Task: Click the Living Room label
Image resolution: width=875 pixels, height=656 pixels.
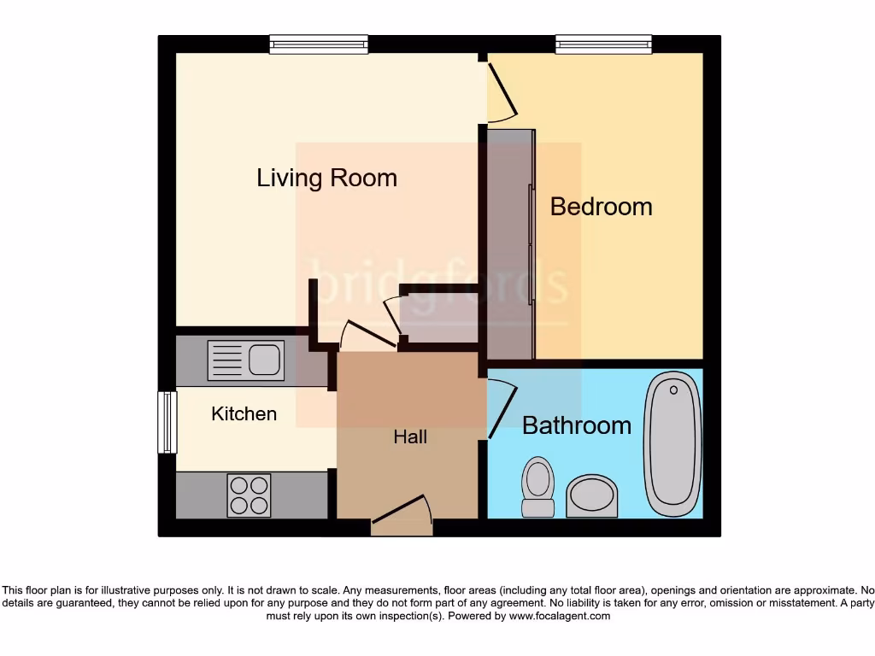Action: point(326,178)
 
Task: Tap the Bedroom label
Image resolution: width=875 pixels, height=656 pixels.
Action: point(601,207)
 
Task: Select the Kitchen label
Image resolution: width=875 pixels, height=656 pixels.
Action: point(244,414)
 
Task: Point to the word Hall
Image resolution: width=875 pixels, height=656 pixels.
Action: point(410,437)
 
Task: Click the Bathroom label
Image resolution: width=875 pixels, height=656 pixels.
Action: point(577,425)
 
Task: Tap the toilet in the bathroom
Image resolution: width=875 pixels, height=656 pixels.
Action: point(537,487)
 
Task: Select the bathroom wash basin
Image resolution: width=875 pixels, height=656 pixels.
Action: point(591,496)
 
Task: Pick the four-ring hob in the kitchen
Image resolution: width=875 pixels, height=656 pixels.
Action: point(249,495)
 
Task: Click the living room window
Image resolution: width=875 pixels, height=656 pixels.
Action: point(319,44)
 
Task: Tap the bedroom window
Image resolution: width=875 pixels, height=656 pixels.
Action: point(603,44)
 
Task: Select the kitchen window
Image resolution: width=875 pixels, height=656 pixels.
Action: point(167,422)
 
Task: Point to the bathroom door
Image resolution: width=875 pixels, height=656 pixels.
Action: point(503,408)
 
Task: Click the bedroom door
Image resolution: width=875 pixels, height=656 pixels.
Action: point(502,92)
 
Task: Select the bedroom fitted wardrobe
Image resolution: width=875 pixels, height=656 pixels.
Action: point(511,243)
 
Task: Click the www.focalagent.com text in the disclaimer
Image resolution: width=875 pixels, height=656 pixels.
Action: point(560,616)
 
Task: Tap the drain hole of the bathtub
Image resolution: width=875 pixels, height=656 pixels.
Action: point(673,390)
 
